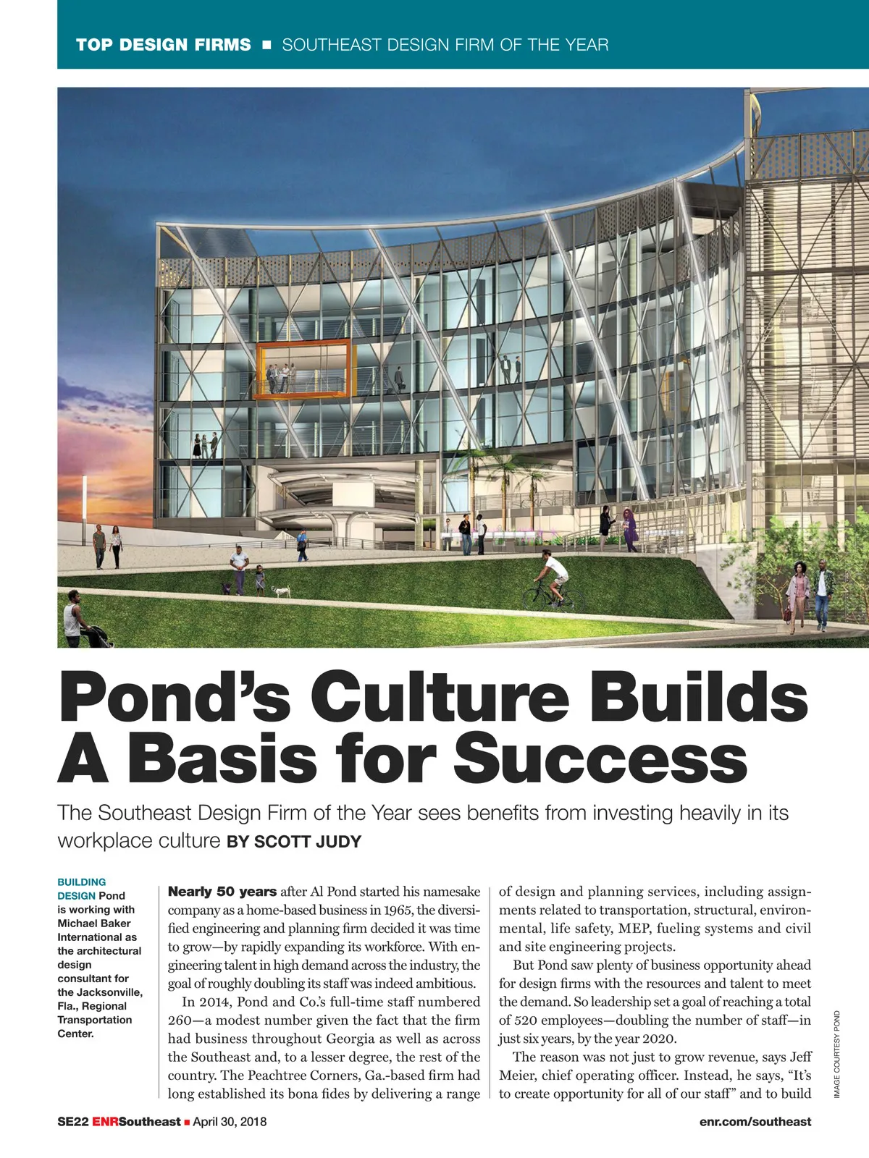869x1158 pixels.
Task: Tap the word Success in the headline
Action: click(x=600, y=758)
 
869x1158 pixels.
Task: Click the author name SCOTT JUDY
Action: click(x=307, y=842)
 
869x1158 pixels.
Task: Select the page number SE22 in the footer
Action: click(x=72, y=1122)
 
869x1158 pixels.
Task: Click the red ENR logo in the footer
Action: click(x=105, y=1122)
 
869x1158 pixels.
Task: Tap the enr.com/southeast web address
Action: click(x=755, y=1122)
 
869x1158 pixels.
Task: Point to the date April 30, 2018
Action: click(x=230, y=1122)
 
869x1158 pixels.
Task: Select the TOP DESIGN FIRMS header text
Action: click(x=163, y=45)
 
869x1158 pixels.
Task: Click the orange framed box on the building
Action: click(x=305, y=370)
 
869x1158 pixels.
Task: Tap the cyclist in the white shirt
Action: click(x=555, y=578)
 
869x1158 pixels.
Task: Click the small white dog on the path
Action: click(x=282, y=591)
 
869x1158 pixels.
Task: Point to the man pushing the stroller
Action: click(x=75, y=619)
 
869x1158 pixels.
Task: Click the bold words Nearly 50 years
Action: click(x=222, y=892)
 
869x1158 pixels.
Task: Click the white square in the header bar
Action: click(x=266, y=45)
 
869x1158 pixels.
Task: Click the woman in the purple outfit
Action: click(x=630, y=530)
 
